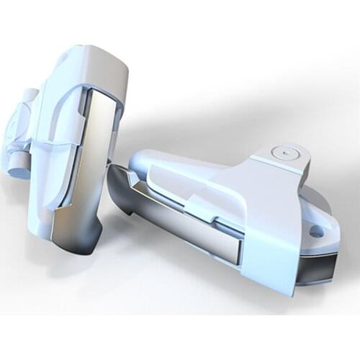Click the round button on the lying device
[286, 153]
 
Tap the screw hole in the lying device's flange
[316, 232]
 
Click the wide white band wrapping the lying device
[266, 216]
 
